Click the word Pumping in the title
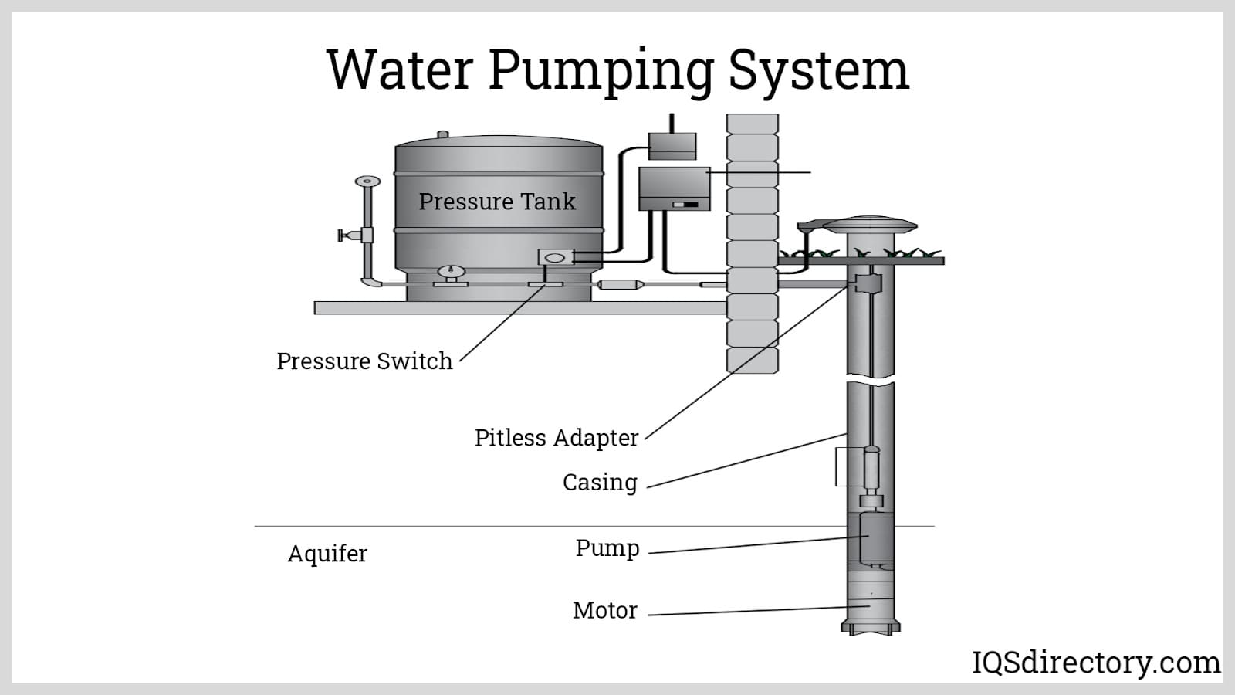(x=601, y=71)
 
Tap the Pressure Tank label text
(x=497, y=202)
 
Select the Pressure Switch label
(x=364, y=361)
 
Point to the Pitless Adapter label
(x=556, y=438)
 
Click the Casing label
(x=600, y=483)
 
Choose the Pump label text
(x=607, y=548)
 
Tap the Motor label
(x=604, y=610)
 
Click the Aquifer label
(x=327, y=554)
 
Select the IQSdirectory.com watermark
(x=1095, y=663)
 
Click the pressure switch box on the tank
(x=555, y=257)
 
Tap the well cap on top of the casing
(x=870, y=225)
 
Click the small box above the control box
(x=672, y=146)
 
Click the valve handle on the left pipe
(x=342, y=235)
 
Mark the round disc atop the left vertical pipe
(x=367, y=181)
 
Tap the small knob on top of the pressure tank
(x=443, y=134)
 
